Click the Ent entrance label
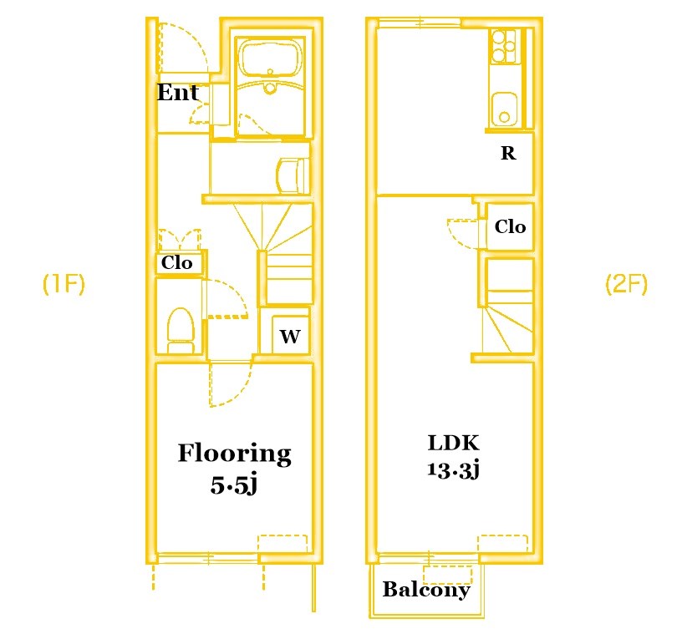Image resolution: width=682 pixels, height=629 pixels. pos(178,92)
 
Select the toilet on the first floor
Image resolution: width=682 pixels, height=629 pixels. pos(181,330)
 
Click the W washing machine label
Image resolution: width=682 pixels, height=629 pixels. pos(290,336)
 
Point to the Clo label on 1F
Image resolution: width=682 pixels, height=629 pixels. pos(176,262)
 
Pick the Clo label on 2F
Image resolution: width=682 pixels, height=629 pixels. pos(510,226)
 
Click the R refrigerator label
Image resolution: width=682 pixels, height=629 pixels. pos(508,153)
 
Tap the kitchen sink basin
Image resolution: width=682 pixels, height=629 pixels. pos(504,109)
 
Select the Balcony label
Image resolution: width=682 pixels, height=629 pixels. pos(426,590)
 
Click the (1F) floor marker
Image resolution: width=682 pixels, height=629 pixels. pos(64,284)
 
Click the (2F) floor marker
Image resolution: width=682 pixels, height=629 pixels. pos(626,284)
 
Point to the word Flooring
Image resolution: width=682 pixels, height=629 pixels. pos(234,454)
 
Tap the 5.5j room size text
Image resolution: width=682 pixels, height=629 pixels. pos(234,485)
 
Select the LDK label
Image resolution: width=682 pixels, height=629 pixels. pos(454,443)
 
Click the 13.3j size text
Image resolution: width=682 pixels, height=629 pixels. pos(453,469)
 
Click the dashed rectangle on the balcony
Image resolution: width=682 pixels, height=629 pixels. pos(448,575)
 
